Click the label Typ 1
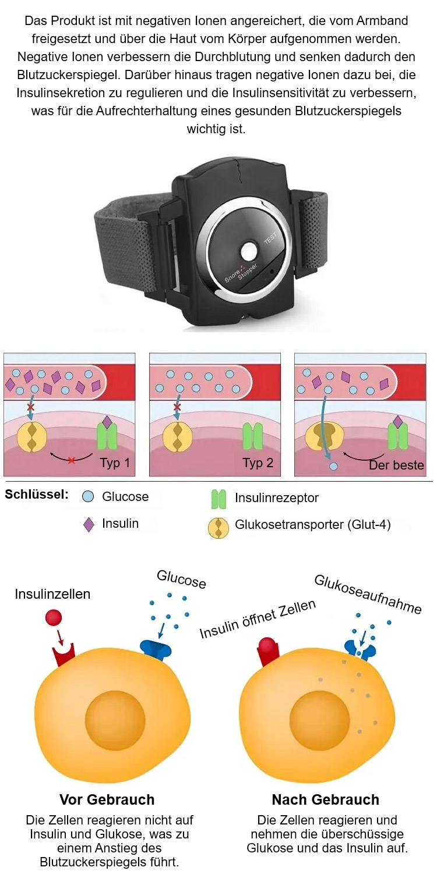pos(114,464)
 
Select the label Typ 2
pos(257,464)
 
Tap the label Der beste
pos(396,465)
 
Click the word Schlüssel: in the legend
pos(37,495)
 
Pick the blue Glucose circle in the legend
pos(89,497)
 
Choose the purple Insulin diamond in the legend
pos(89,524)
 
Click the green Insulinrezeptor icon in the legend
pos(218,498)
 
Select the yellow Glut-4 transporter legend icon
pos(218,526)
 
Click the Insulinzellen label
pos(52,594)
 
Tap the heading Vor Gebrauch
pos(107,799)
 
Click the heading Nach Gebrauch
pos(325,799)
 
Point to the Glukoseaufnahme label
pos(367,594)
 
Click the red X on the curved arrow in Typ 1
pos(71,460)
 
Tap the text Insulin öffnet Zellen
pos(258,618)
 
